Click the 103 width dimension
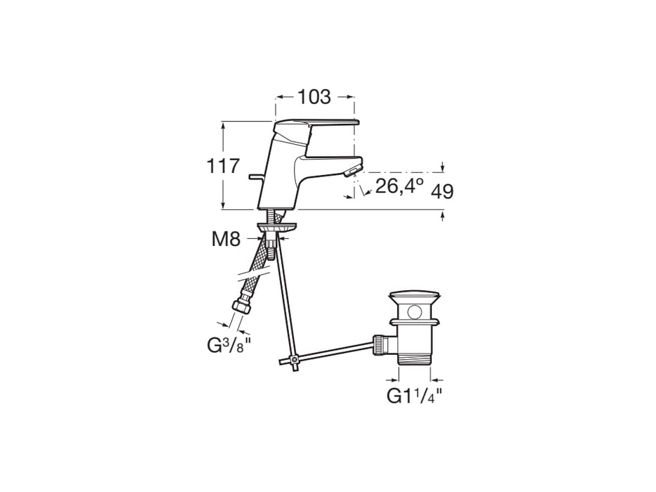[x=314, y=97]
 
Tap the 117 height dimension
[x=224, y=166]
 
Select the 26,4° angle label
[x=399, y=186]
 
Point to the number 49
[x=442, y=192]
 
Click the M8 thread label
[x=226, y=240]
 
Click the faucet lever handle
[x=315, y=125]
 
